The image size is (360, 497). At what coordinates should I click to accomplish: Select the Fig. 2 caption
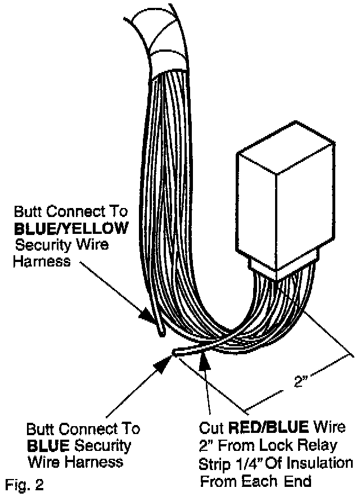22,483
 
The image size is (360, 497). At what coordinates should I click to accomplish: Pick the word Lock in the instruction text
283,446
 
